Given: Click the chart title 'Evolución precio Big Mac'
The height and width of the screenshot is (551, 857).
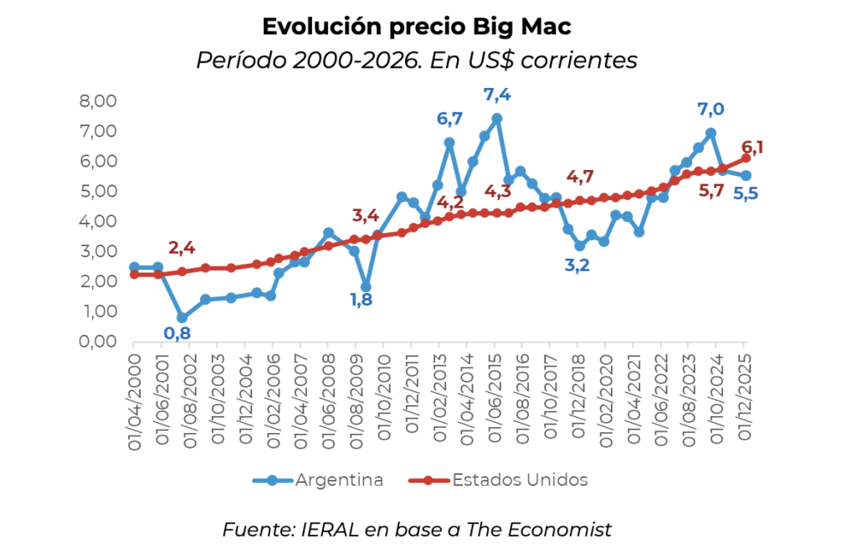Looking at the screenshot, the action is [417, 27].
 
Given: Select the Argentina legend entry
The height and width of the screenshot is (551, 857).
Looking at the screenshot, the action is [318, 480].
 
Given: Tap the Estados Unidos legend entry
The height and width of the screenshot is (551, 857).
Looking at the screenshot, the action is [498, 480].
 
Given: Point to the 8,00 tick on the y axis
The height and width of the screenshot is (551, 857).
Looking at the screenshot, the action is [99, 101].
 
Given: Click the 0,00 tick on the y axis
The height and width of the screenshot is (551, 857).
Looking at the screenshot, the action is [99, 342].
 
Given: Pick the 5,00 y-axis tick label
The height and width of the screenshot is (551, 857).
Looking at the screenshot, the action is [99, 191].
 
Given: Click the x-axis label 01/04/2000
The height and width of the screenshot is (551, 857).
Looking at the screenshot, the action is [135, 402].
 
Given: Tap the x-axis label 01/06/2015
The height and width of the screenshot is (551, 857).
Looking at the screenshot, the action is [495, 399].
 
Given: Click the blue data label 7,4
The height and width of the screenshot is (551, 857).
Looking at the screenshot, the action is [497, 95].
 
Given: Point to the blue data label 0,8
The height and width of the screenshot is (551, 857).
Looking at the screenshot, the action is [177, 333].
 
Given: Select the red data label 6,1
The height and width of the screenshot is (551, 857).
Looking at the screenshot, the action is [752, 147].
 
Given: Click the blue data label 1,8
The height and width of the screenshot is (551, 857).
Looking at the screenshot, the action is [362, 300].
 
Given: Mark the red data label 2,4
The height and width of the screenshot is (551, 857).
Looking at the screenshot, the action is [182, 248].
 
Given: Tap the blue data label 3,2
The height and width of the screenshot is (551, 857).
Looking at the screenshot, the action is [577, 265].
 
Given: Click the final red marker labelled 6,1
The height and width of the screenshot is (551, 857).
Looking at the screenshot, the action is [746, 158].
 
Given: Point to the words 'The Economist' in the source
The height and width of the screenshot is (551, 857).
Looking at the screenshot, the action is [539, 530].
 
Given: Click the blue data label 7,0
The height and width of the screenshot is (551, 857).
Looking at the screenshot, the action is [711, 110].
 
